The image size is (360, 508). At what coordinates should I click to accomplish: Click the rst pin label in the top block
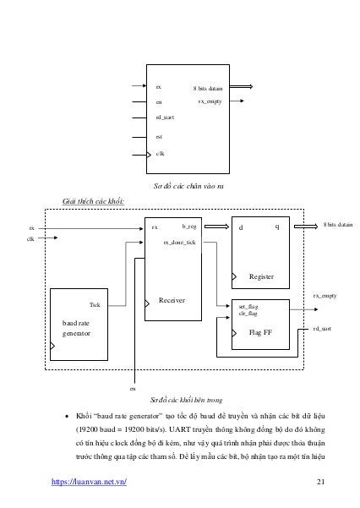pos(159,135)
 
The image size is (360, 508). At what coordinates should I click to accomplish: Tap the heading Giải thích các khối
pos(94,202)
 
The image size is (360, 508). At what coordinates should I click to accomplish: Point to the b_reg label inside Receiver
pos(189,227)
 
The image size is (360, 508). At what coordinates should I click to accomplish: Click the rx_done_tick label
pos(179,242)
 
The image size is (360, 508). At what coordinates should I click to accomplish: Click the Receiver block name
pos(172,300)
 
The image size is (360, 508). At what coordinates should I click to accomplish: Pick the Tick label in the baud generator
pos(95,304)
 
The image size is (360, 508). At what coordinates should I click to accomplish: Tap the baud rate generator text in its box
pos(77,328)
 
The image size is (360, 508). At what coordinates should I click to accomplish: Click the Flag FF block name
pos(261,333)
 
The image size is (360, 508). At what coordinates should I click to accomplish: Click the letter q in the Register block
pos(277,227)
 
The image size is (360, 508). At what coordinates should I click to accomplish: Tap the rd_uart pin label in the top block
pos(164,117)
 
